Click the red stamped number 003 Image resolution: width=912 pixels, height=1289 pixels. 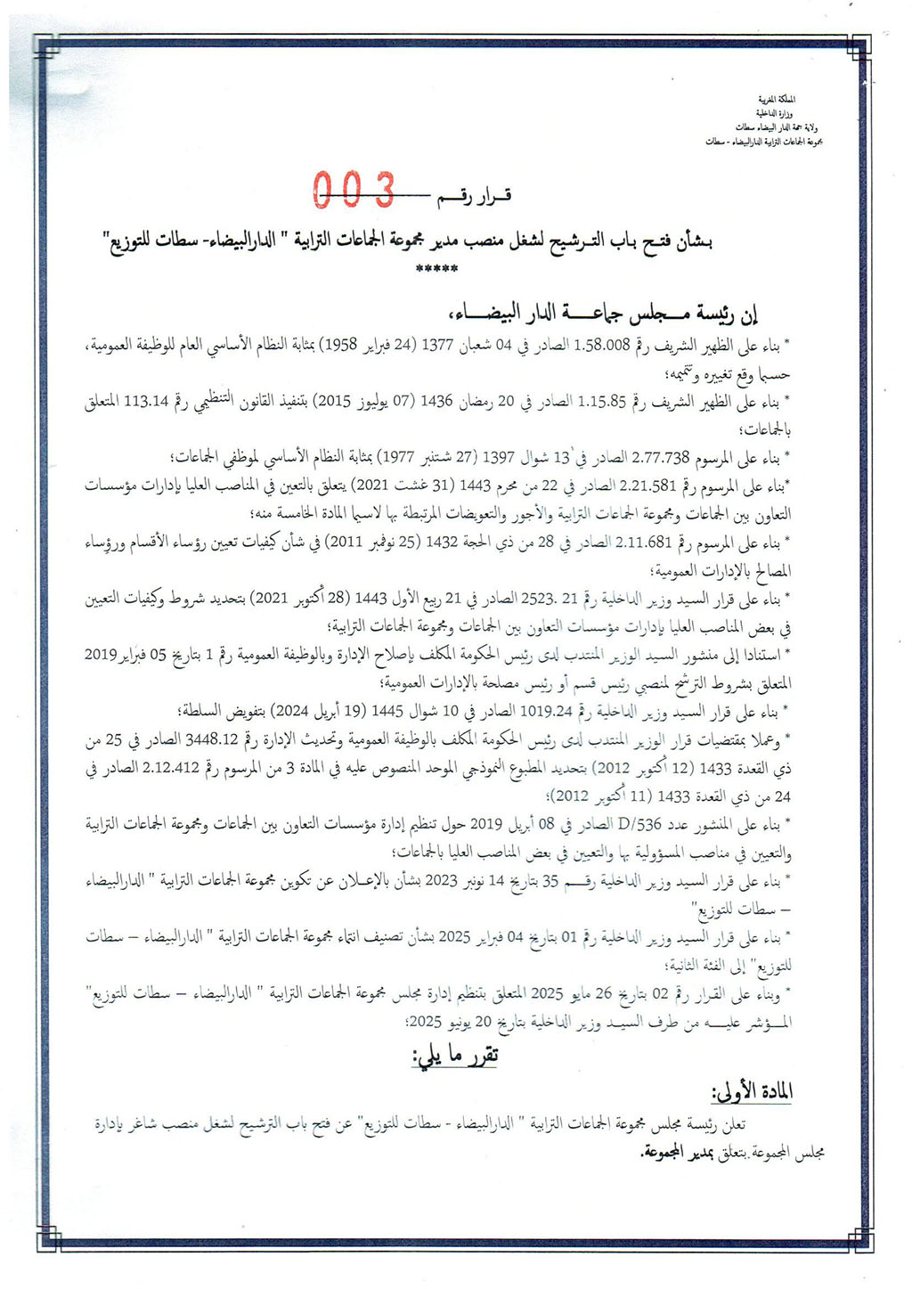pyautogui.click(x=354, y=189)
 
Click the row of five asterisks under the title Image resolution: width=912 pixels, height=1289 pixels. pyautogui.click(x=436, y=268)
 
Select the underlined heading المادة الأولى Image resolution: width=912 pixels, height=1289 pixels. pyautogui.click(x=753, y=1092)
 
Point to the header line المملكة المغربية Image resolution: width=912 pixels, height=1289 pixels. pyautogui.click(x=777, y=98)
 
